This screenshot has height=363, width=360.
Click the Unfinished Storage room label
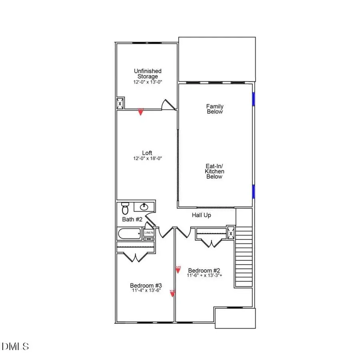coord(148,74)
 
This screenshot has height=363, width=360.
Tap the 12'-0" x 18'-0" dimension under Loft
coord(148,158)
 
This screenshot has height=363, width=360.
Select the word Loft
coord(147,153)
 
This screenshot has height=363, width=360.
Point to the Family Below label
coord(215,109)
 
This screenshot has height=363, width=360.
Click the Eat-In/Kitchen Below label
coord(215,171)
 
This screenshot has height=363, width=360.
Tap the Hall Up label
coord(201,215)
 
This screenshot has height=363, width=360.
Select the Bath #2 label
coord(132,219)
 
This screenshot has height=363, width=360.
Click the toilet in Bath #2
coord(125,208)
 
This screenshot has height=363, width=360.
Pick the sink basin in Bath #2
coord(144,207)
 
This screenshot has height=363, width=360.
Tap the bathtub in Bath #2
coord(129,233)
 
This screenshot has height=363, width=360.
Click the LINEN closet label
coord(149,233)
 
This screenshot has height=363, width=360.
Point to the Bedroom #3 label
coord(146,285)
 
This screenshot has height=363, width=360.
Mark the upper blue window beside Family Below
coord(253,98)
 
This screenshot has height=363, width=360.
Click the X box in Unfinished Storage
coord(120,103)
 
